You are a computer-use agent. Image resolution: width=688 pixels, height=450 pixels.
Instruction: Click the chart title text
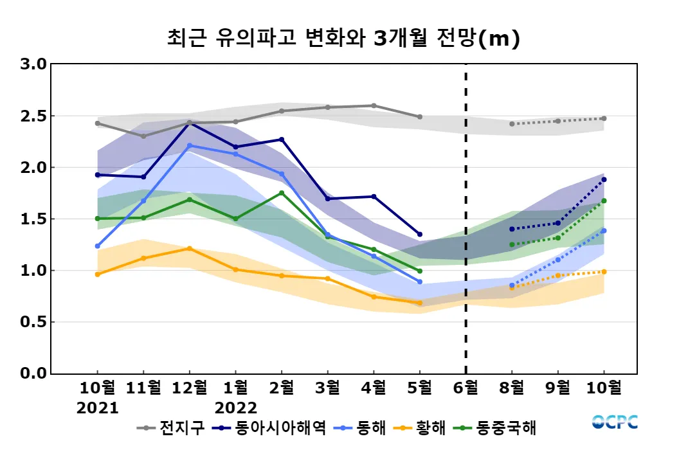(x=343, y=39)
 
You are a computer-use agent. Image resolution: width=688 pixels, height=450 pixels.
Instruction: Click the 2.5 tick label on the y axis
(x=33, y=116)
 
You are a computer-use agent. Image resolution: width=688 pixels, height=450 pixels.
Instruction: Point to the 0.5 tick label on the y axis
(x=33, y=322)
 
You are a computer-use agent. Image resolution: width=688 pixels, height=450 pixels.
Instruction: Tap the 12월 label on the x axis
(x=190, y=388)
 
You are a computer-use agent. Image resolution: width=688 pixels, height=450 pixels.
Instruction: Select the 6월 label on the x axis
(x=466, y=388)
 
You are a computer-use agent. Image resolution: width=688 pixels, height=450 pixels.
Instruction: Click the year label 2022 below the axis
(x=236, y=408)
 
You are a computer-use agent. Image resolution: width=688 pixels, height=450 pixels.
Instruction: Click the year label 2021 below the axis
(x=98, y=408)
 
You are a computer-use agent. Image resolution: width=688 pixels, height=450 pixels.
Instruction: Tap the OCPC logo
(x=615, y=422)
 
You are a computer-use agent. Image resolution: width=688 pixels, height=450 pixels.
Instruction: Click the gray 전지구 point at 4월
(x=374, y=105)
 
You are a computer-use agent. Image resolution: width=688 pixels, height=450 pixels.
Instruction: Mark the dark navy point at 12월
(x=190, y=122)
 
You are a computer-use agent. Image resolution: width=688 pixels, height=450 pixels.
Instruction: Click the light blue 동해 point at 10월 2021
(x=98, y=246)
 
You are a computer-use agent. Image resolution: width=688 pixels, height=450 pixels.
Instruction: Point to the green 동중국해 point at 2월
(x=282, y=193)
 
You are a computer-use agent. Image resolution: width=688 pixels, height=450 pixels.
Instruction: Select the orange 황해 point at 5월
(x=420, y=303)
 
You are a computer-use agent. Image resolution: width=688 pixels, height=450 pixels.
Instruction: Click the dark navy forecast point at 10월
(x=604, y=179)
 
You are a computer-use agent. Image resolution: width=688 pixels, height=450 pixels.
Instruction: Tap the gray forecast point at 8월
(x=512, y=123)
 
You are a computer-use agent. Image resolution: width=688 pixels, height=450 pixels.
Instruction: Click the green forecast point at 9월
(x=557, y=238)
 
